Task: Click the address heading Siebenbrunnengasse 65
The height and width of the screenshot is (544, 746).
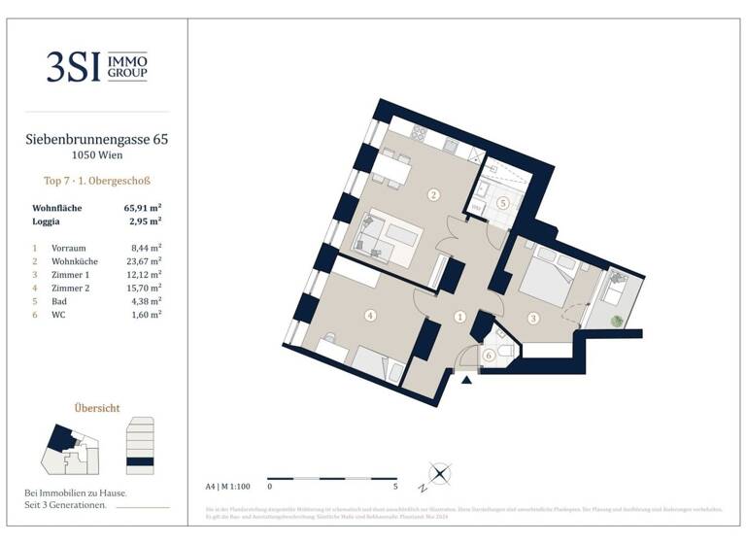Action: pyautogui.click(x=96, y=140)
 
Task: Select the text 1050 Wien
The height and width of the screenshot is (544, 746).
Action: pyautogui.click(x=96, y=155)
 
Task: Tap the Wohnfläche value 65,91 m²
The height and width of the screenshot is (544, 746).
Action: pyautogui.click(x=142, y=208)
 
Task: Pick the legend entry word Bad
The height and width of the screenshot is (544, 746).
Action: pyautogui.click(x=58, y=301)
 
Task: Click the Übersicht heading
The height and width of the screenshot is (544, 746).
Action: pyautogui.click(x=97, y=408)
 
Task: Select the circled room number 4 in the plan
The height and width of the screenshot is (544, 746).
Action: pyautogui.click(x=370, y=315)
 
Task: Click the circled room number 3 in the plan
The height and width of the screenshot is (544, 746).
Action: pyautogui.click(x=532, y=318)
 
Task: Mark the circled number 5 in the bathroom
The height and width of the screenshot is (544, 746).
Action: pyautogui.click(x=502, y=203)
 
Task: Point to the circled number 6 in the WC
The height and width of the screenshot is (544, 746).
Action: pyautogui.click(x=489, y=356)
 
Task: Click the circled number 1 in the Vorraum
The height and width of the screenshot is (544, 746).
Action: pyautogui.click(x=459, y=317)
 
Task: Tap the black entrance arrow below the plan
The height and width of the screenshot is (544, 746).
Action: pyautogui.click(x=467, y=380)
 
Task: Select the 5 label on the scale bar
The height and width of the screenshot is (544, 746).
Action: pyautogui.click(x=395, y=485)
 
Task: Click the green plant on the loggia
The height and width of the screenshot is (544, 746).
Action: pyautogui.click(x=614, y=322)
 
